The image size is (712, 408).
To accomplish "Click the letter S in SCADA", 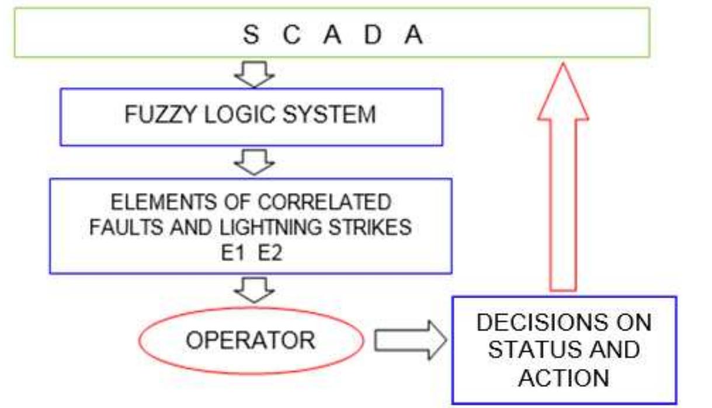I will pyautogui.click(x=250, y=35).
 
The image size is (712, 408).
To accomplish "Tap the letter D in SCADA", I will pyautogui.click(x=373, y=35).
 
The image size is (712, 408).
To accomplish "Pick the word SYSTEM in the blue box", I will pyautogui.click(x=331, y=114).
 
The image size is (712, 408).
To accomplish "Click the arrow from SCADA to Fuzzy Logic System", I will pyautogui.click(x=254, y=74).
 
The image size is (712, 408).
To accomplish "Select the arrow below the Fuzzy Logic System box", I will pyautogui.click(x=254, y=162).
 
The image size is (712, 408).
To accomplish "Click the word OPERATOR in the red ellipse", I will pyautogui.click(x=250, y=340).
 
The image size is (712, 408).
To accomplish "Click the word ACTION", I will pyautogui.click(x=564, y=378).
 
